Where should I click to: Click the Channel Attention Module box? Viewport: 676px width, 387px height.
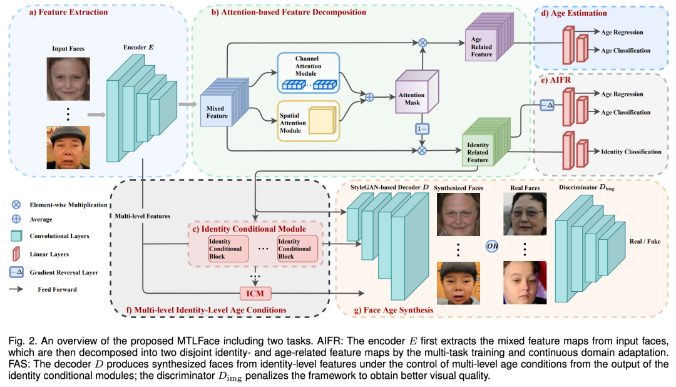pyautogui.click(x=307, y=72)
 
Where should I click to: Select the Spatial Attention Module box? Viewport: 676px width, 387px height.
pyautogui.click(x=307, y=120)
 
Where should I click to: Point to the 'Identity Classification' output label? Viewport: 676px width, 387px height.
pyautogui.click(x=631, y=152)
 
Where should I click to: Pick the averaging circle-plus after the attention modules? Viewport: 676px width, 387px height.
pyautogui.click(x=369, y=97)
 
